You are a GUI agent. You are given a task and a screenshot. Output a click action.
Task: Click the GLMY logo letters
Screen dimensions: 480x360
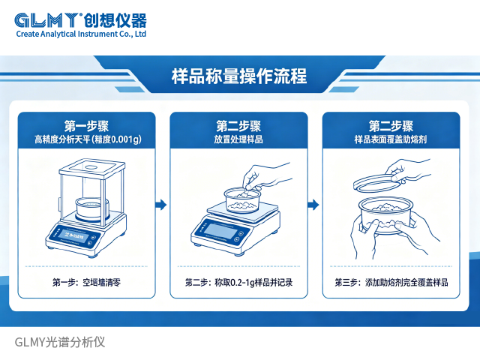(47, 20)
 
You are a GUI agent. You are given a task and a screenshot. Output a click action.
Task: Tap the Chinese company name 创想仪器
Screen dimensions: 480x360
(115, 20)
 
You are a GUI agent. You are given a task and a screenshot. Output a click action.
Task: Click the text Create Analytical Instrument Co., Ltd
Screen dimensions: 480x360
(81, 34)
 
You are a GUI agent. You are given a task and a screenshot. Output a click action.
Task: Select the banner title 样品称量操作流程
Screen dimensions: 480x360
(239, 76)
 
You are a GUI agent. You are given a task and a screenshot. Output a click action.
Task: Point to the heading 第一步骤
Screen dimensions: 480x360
(87, 126)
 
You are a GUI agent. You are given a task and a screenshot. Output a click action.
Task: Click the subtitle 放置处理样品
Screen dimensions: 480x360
(238, 139)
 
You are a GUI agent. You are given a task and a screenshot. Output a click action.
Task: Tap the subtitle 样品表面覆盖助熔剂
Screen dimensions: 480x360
(391, 139)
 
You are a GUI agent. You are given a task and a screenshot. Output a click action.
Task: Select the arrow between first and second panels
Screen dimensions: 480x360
(161, 205)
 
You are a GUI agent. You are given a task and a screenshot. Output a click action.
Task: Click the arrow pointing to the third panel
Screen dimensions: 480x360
(313, 205)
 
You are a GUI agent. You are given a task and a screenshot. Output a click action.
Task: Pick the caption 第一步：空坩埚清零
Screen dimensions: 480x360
(87, 282)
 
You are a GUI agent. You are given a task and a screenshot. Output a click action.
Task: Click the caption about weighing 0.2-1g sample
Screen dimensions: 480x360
(238, 282)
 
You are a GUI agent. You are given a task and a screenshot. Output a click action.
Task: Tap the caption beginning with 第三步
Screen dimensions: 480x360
(391, 282)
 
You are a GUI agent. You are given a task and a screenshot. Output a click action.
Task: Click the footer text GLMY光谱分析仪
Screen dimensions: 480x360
(60, 342)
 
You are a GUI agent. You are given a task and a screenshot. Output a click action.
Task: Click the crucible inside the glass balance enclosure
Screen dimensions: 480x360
(91, 209)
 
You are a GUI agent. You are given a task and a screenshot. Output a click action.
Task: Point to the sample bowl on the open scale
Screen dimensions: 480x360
(242, 200)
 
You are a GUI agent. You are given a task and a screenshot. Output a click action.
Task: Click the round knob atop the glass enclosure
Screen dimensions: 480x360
(91, 167)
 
